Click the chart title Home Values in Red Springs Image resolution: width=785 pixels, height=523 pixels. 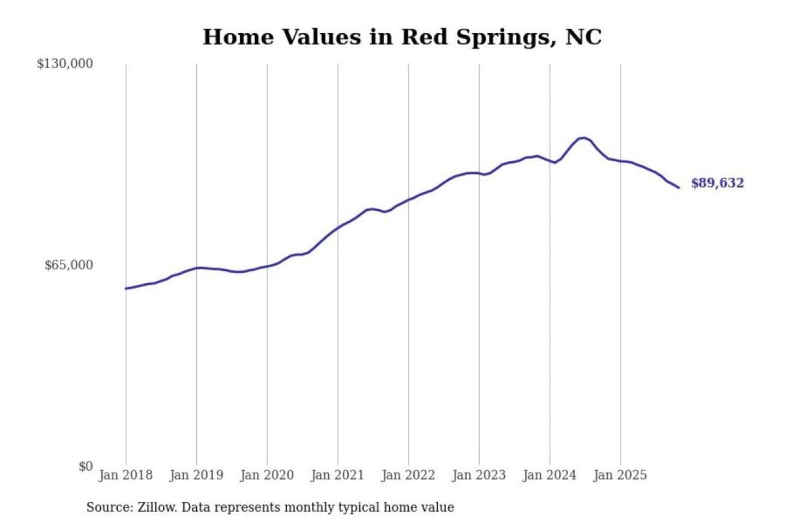(x=402, y=37)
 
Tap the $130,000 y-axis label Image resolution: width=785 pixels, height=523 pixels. (x=65, y=64)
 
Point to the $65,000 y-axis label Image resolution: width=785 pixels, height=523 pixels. (x=69, y=265)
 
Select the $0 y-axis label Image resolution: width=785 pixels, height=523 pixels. (x=86, y=466)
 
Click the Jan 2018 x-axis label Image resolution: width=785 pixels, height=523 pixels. (x=125, y=475)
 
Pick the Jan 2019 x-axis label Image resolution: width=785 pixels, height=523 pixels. (x=196, y=475)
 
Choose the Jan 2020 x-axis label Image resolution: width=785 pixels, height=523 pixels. (x=267, y=475)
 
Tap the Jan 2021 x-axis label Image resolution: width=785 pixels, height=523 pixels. (x=337, y=475)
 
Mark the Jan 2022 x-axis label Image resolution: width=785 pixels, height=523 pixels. (x=408, y=475)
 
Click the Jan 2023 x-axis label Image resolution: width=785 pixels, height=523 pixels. (x=479, y=475)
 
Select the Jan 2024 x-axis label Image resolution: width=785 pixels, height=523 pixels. (x=549, y=475)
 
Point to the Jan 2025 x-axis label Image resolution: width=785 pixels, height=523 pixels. (x=620, y=475)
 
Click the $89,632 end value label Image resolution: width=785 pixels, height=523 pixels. (x=717, y=183)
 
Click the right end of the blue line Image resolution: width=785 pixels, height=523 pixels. (x=679, y=188)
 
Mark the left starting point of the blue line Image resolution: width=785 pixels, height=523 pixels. (x=126, y=288)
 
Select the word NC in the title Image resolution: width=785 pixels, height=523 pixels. (x=583, y=37)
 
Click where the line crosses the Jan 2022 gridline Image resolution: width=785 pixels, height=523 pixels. (x=408, y=200)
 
